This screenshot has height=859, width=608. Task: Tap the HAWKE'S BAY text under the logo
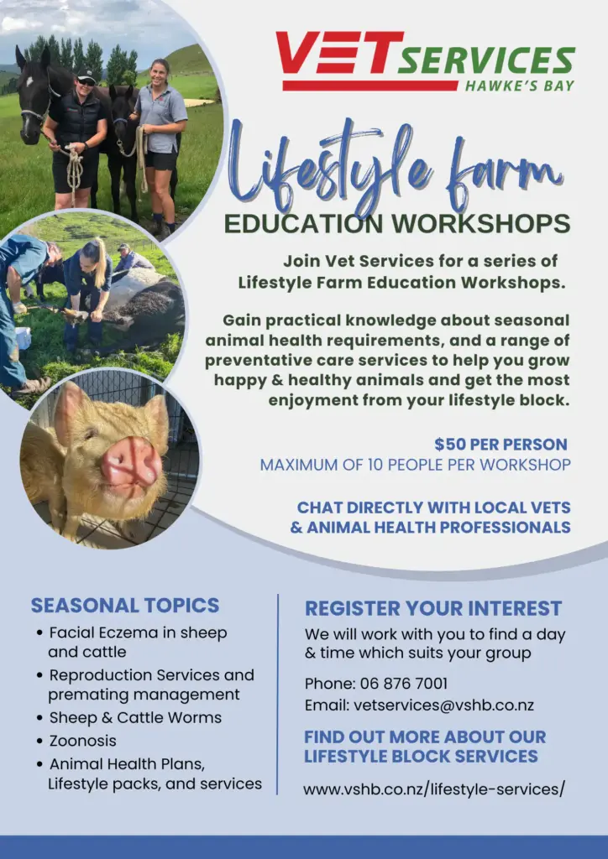(x=520, y=86)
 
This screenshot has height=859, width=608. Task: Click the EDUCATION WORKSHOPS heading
(x=397, y=223)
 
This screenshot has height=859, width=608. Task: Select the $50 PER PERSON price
(x=501, y=444)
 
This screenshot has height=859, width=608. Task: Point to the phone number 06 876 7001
(x=403, y=684)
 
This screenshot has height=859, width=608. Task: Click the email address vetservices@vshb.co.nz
(x=443, y=705)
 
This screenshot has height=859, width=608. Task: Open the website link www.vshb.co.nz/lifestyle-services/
(x=433, y=789)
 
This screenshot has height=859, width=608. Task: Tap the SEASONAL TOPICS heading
(x=125, y=606)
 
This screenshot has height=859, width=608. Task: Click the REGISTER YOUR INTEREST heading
(x=433, y=609)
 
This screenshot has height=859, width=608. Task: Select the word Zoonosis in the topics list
(x=83, y=741)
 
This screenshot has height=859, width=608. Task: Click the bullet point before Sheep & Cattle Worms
(x=39, y=718)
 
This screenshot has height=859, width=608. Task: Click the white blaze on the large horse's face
(x=29, y=82)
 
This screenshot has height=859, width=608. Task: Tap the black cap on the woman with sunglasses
(x=86, y=75)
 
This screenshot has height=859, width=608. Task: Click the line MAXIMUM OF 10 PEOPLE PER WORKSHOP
(x=415, y=465)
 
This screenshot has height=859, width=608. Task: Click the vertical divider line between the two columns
(x=278, y=694)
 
